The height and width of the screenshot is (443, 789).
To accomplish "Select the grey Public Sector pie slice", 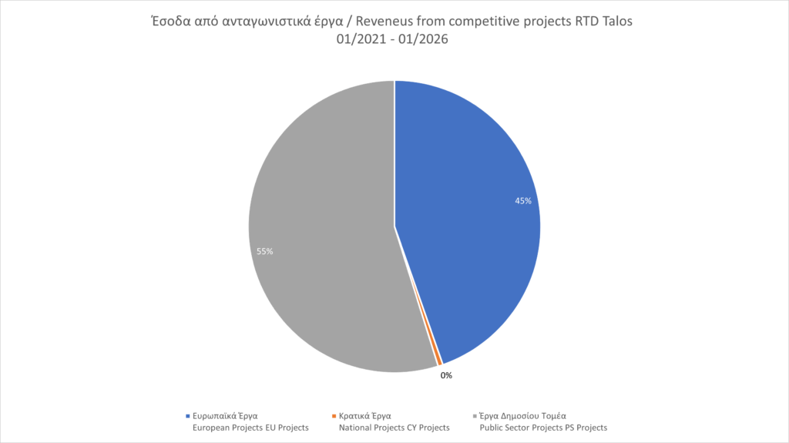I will click(324, 231).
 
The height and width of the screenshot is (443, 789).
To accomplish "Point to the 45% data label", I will click(524, 200).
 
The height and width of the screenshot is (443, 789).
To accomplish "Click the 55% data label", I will click(265, 251).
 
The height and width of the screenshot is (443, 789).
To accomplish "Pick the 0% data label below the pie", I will click(446, 375).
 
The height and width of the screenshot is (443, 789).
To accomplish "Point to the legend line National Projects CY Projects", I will click(394, 427).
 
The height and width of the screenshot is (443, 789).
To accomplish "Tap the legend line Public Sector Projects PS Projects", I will click(543, 427).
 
